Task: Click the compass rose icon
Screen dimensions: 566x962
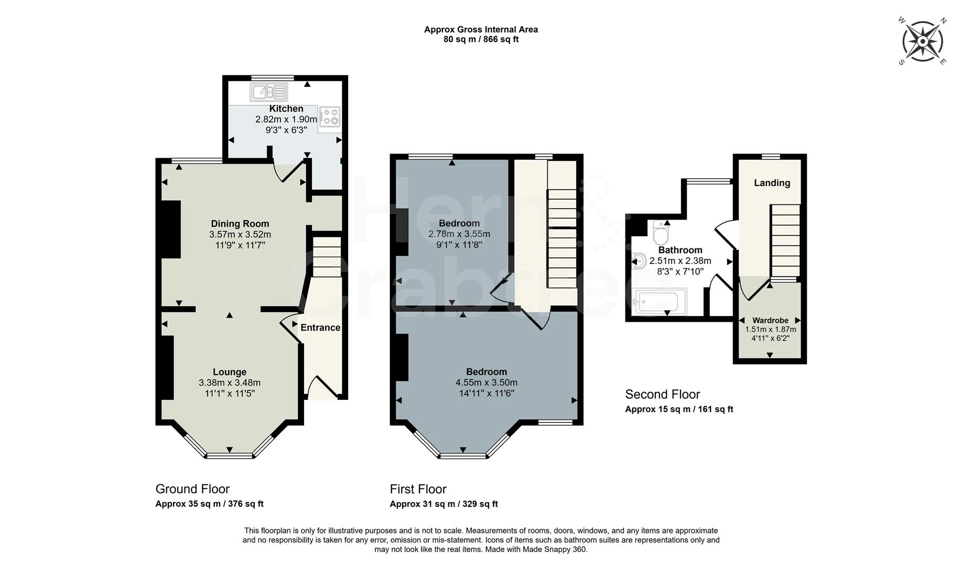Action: [922, 41]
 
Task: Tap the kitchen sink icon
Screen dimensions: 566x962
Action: [269, 92]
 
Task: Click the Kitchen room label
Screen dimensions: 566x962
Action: [286, 108]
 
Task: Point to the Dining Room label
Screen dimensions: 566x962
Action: [240, 224]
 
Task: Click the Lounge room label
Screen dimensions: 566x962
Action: [230, 372]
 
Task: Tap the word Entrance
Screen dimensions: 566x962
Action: [320, 328]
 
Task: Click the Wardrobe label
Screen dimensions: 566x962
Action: [770, 320]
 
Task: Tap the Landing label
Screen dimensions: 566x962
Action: [772, 183]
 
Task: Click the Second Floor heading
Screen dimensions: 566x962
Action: [662, 394]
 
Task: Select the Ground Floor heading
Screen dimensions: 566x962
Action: [192, 489]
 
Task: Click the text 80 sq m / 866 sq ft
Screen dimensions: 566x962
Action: [481, 39]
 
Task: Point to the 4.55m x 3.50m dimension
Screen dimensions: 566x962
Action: [487, 383]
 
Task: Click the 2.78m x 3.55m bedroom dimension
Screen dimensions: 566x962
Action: [459, 234]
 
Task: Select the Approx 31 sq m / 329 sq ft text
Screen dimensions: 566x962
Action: [444, 504]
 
